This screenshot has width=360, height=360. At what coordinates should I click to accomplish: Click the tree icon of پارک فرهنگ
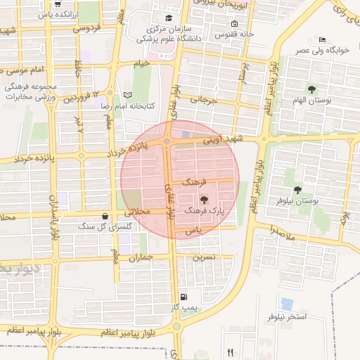[x=205, y=200]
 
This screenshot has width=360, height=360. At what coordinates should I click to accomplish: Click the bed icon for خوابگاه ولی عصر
[x=322, y=39]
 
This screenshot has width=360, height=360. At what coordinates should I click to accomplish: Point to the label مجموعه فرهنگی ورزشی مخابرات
[x=30, y=89]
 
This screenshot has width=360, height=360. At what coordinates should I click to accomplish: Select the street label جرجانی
[x=209, y=101]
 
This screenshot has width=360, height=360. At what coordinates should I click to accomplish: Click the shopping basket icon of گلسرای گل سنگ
[x=105, y=216]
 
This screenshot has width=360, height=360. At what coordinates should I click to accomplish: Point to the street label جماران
[x=141, y=258]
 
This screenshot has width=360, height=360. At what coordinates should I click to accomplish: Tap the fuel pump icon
[x=184, y=297]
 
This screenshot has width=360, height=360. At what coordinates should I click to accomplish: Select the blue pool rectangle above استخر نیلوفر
[x=287, y=304]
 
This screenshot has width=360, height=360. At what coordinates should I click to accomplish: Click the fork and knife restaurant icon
[x=230, y=352]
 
